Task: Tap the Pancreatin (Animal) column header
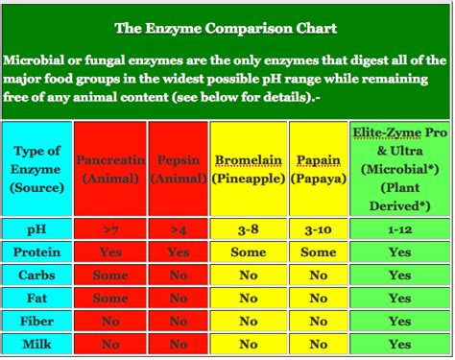pyautogui.click(x=111, y=167)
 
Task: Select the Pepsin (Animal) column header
pyautogui.click(x=178, y=167)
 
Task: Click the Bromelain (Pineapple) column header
pyautogui.click(x=248, y=167)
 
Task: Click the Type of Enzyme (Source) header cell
pyautogui.click(x=37, y=167)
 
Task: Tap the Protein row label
pyautogui.click(x=37, y=252)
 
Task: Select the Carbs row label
pyautogui.click(x=37, y=276)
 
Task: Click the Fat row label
pyautogui.click(x=37, y=299)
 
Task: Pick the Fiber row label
pyautogui.click(x=37, y=322)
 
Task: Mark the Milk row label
pyautogui.click(x=37, y=344)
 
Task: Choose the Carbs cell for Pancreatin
pyautogui.click(x=111, y=276)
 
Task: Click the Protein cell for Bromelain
pyautogui.click(x=248, y=252)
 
